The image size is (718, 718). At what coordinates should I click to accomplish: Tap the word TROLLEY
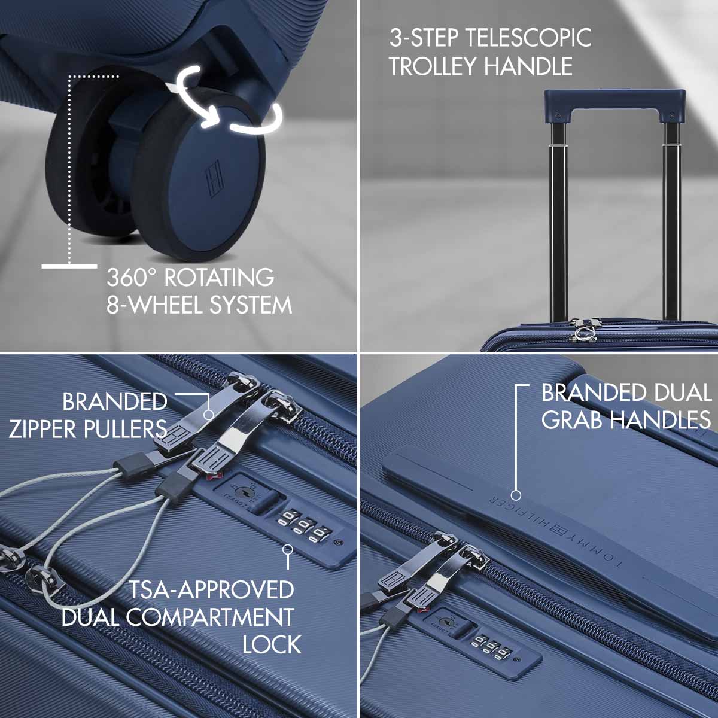432,66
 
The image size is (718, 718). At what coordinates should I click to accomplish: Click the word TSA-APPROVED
212,589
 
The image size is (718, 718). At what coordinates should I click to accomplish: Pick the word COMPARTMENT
210,617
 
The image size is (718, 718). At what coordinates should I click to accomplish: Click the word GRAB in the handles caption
574,419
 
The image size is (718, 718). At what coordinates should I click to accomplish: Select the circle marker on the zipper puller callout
209,414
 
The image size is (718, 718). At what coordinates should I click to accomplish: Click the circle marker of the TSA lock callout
287,550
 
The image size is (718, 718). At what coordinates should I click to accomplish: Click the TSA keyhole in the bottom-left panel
242,494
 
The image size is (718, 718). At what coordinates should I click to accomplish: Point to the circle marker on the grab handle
516,495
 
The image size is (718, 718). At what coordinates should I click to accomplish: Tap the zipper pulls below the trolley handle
584,329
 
